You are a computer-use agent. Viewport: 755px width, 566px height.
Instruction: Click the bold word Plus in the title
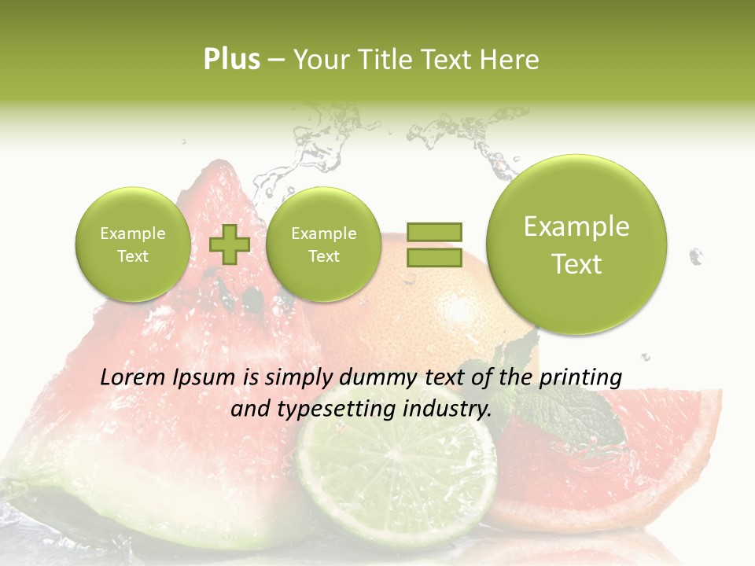(x=231, y=60)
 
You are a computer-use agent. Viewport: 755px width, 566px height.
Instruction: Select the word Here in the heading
(x=510, y=60)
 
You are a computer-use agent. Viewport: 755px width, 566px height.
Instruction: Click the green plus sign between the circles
(x=229, y=244)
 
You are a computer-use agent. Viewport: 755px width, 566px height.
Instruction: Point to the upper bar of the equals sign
(x=434, y=232)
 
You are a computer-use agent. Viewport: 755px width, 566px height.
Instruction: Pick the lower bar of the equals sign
(x=434, y=258)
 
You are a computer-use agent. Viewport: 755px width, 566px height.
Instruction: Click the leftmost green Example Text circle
(x=132, y=244)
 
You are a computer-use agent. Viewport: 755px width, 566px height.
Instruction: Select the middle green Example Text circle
(x=323, y=244)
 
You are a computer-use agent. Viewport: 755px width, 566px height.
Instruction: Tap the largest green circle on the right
(x=576, y=244)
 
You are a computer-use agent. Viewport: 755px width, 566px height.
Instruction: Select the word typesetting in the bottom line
(x=332, y=409)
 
